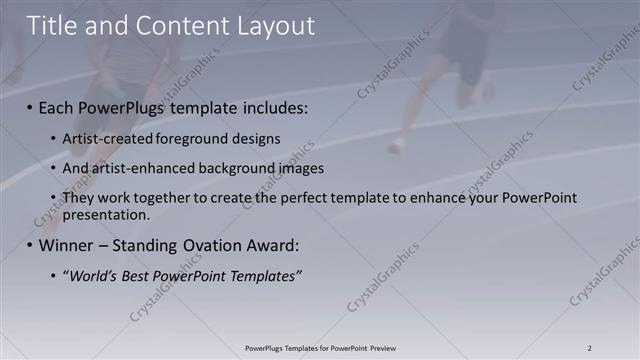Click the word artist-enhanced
136,168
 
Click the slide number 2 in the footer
590,348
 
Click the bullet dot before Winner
29,246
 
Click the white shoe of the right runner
397,146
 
